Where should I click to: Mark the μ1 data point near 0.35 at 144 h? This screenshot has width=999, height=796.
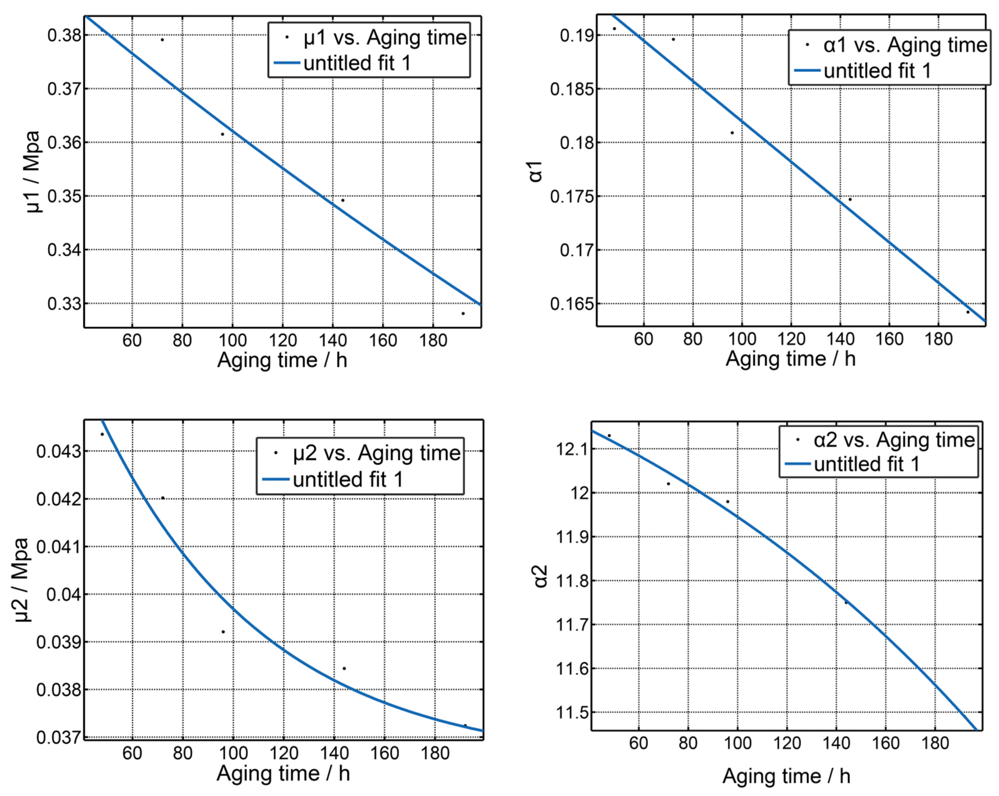(343, 200)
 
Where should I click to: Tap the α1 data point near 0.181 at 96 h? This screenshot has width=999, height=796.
(732, 133)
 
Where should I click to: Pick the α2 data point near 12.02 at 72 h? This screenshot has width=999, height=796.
(668, 483)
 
